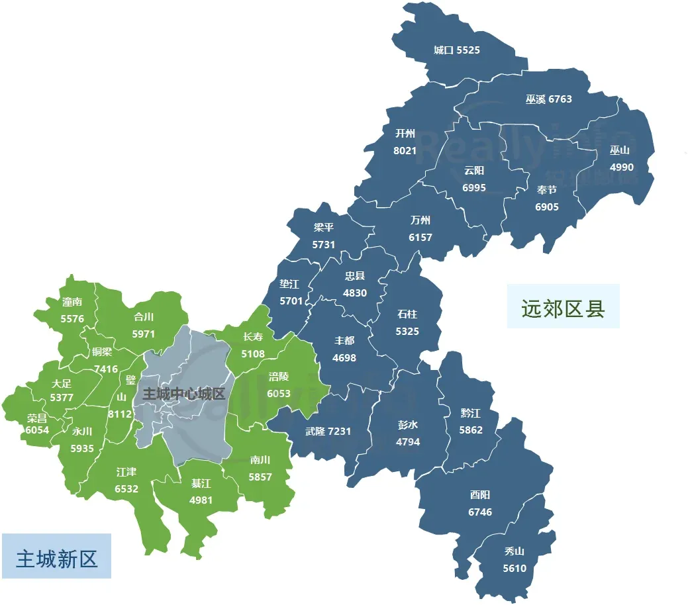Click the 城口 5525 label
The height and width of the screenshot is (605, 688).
(457, 50)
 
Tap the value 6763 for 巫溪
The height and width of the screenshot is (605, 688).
(560, 99)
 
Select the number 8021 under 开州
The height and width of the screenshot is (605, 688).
(405, 150)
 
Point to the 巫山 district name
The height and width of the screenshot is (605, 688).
(620, 150)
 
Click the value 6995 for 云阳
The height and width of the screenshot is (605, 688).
(474, 187)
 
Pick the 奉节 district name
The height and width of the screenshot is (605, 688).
(547, 190)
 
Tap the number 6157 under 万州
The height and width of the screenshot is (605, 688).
(420, 237)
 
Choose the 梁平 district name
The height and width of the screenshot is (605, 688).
(324, 227)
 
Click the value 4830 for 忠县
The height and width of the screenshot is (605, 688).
(355, 293)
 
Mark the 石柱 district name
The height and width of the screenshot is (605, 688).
(407, 314)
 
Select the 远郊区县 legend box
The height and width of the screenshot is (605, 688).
(563, 306)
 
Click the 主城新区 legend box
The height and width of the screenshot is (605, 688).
(56, 557)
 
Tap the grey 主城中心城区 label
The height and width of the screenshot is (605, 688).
(184, 394)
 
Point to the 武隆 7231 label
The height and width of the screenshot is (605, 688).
(328, 431)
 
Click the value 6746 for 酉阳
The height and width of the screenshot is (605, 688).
(480, 512)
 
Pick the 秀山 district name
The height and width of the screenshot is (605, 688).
(515, 551)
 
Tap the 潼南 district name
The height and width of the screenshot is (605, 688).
(72, 302)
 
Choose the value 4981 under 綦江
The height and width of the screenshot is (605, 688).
(201, 500)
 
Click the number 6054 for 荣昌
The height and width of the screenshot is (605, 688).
(37, 430)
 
